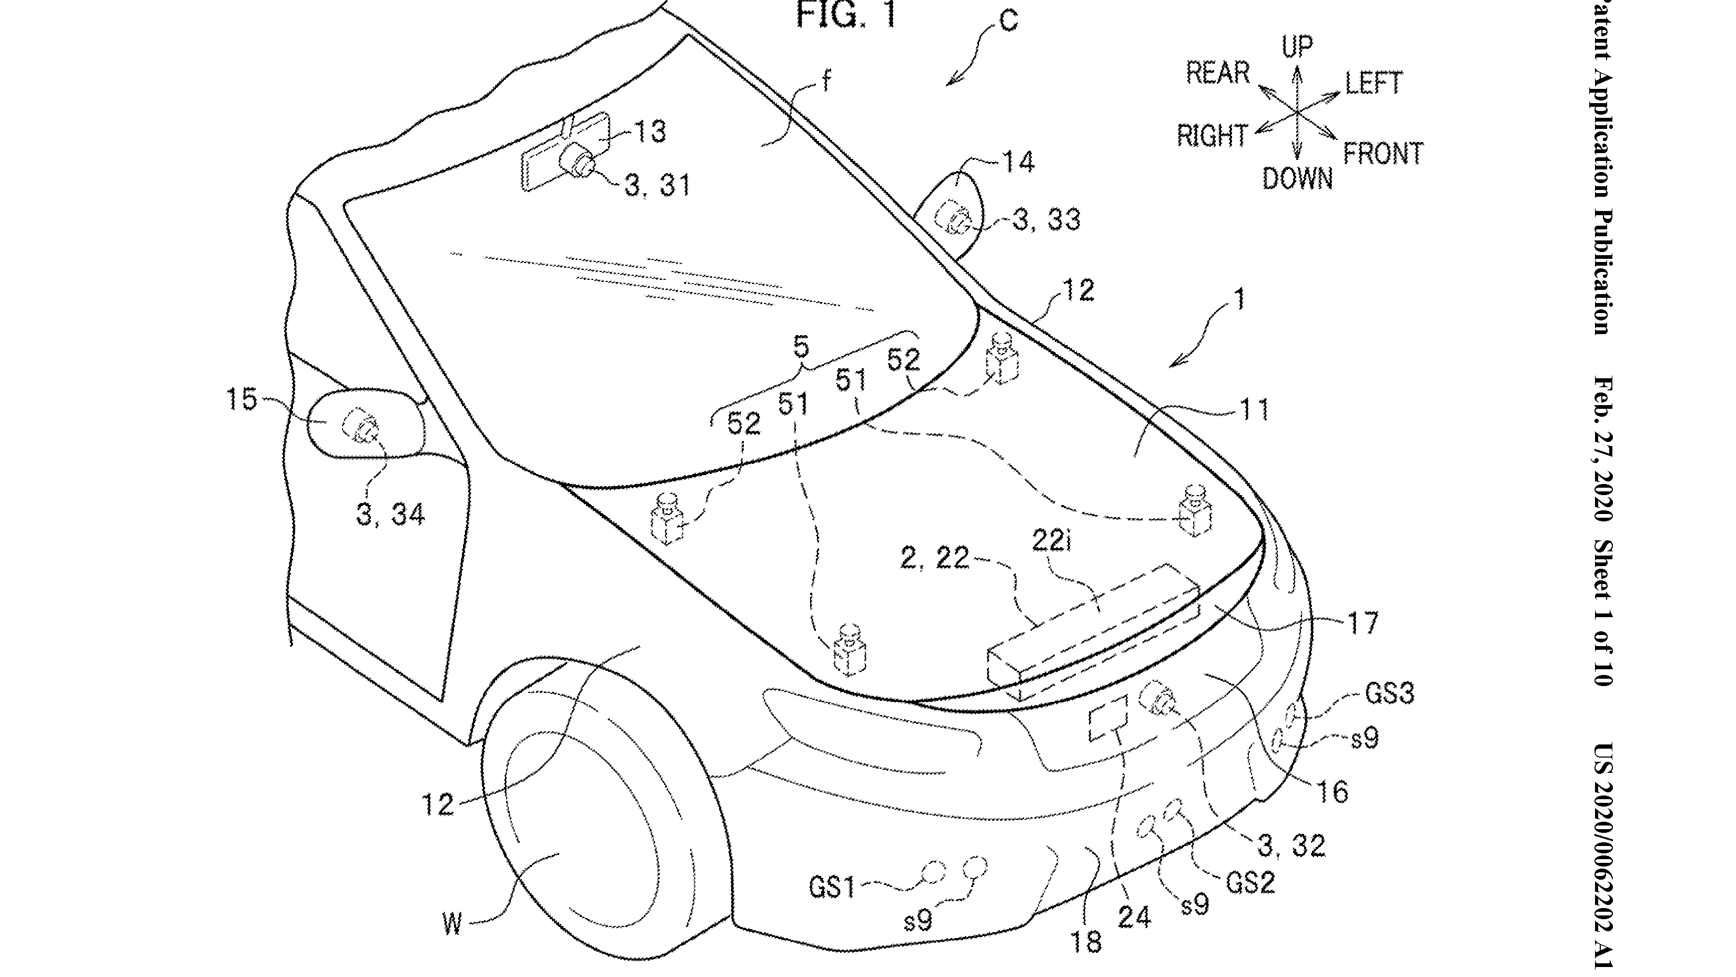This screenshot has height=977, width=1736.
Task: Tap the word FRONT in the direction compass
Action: point(1383,154)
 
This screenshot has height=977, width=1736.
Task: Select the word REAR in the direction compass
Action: point(1218,73)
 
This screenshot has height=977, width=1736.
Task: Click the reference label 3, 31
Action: point(658,185)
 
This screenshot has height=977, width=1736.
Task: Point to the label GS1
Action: point(832,888)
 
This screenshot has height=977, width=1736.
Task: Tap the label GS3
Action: point(1390,693)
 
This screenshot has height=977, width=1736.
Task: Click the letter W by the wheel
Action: point(452,924)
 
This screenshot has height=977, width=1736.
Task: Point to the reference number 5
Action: point(800,348)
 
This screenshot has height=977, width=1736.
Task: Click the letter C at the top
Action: point(1008,22)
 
